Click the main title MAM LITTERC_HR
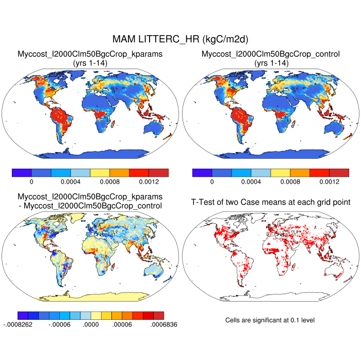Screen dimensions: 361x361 coord(180,39)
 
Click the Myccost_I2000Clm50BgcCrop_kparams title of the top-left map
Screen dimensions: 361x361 coord(90,54)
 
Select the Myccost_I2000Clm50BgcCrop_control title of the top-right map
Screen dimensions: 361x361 coord(271,54)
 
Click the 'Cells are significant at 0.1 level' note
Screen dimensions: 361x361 coord(270,320)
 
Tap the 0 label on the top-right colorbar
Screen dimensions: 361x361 coord(211,182)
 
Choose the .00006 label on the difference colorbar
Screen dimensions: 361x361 coord(123,325)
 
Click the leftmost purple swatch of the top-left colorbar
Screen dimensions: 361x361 coord(22,172)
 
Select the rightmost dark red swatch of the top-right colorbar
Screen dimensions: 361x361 coord(339,172)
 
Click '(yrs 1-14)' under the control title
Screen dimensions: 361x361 coord(271,62)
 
